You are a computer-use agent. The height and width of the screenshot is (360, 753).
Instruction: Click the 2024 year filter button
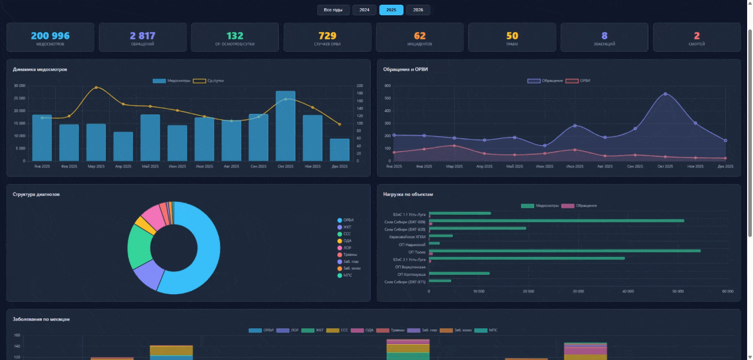[364, 10]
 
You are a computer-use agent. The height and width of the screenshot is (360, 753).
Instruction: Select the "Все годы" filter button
[333, 10]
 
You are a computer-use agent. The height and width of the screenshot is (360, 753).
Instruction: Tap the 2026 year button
[418, 10]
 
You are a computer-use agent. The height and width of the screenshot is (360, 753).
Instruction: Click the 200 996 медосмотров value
[50, 36]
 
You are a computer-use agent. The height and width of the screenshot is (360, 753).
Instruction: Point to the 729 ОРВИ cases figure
[327, 36]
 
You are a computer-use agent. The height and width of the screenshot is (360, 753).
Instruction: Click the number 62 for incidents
[419, 36]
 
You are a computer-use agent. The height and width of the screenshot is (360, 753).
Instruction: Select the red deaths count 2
[697, 36]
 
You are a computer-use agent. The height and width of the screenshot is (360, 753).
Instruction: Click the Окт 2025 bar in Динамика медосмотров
[285, 126]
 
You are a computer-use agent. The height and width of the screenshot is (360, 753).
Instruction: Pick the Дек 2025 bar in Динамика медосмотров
[339, 149]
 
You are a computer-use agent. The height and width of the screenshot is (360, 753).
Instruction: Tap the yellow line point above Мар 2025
[96, 88]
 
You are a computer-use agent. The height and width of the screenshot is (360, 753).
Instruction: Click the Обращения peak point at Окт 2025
[665, 94]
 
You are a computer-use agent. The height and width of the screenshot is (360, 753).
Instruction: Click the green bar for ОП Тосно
[565, 251]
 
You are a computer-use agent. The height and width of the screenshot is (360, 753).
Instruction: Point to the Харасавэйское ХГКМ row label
[407, 236]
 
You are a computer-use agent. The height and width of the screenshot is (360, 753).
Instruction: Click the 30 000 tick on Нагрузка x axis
[578, 291]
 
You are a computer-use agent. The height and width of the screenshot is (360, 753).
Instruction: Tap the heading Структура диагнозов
[36, 194]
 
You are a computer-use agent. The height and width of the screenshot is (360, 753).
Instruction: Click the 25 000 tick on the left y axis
[19, 98]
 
